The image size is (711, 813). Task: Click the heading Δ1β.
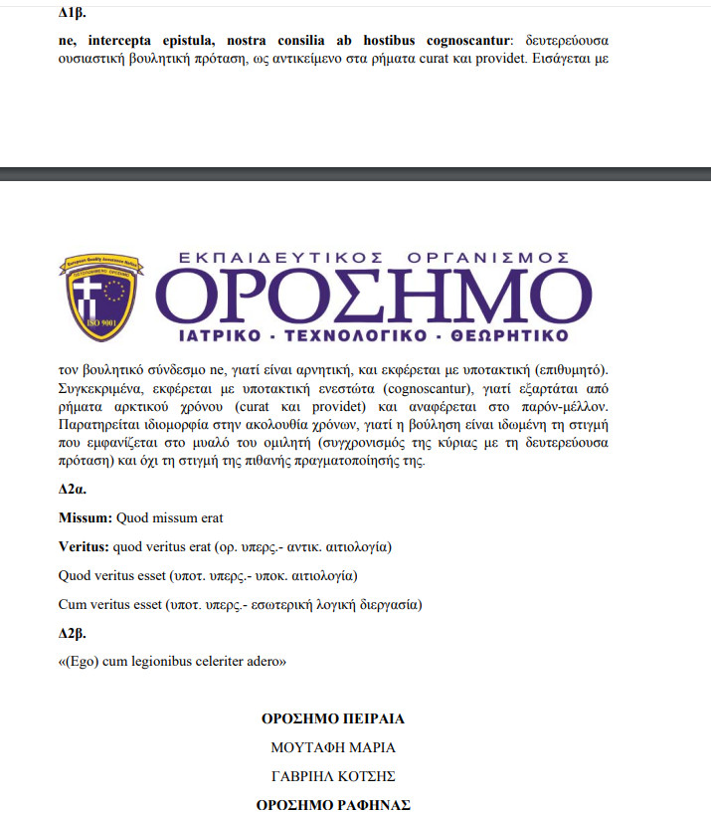(x=72, y=13)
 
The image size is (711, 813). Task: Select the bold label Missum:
(x=86, y=517)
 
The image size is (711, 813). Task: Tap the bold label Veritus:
(x=86, y=546)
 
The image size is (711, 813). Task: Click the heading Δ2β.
(x=73, y=633)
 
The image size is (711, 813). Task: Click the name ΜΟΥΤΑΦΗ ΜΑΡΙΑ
(x=332, y=746)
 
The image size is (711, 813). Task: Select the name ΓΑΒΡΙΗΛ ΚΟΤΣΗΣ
(x=332, y=775)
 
